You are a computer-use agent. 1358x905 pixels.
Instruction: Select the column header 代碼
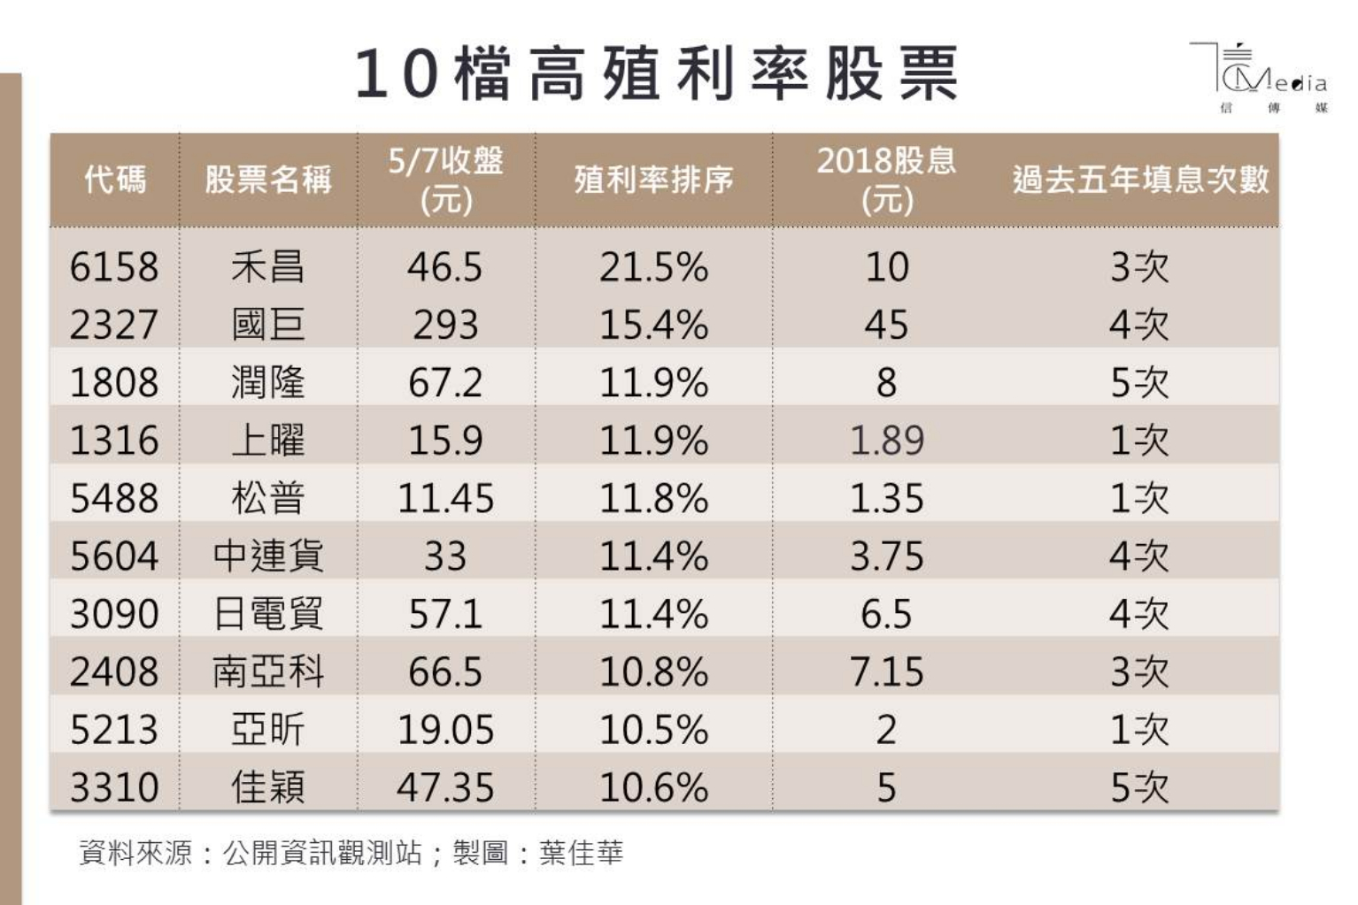[114, 180]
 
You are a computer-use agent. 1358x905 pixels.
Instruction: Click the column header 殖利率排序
[653, 180]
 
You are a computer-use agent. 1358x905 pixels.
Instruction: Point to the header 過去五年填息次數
[1140, 180]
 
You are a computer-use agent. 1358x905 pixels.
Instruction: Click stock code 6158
[114, 267]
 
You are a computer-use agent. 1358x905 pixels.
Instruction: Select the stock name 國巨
[268, 325]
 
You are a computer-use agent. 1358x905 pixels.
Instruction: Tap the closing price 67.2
[445, 383]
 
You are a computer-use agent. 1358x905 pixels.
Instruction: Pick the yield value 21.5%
[653, 267]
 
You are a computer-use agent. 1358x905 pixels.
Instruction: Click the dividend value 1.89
[886, 441]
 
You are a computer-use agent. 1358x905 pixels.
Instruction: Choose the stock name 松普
[268, 498]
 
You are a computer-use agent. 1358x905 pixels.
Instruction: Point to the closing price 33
[445, 556]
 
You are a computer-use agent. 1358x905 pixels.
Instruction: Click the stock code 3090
[114, 614]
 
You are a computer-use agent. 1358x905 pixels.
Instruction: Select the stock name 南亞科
[268, 672]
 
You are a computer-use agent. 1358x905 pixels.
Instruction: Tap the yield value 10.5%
[653, 730]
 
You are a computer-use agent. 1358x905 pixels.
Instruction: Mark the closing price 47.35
[445, 787]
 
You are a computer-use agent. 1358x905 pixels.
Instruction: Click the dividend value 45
[886, 325]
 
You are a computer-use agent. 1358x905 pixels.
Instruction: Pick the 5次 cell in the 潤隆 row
[1140, 383]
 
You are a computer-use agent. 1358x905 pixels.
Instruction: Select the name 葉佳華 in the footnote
[582, 853]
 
